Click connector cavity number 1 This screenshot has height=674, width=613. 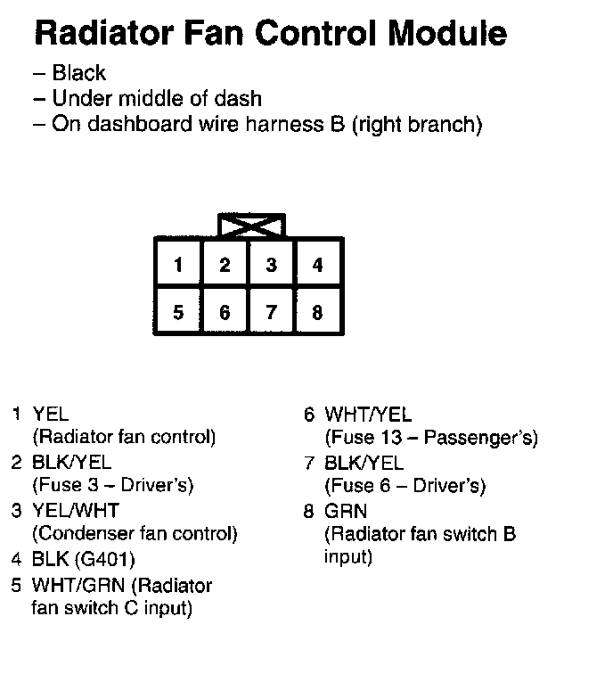(179, 265)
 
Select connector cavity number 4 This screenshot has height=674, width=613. (318, 265)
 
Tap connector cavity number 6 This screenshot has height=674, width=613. (225, 312)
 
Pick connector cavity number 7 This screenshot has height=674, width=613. (272, 312)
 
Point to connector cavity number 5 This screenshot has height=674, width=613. (179, 312)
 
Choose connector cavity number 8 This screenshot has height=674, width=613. (318, 312)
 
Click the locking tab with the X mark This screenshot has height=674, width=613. (251, 225)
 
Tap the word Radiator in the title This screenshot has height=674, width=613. (96, 34)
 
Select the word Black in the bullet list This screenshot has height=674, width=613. (78, 74)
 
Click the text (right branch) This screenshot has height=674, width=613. (417, 124)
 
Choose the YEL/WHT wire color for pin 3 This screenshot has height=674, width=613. (75, 511)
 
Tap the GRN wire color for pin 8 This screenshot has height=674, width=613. (345, 512)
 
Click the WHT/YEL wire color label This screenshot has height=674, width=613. (368, 415)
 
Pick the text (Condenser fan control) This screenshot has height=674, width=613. (135, 534)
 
